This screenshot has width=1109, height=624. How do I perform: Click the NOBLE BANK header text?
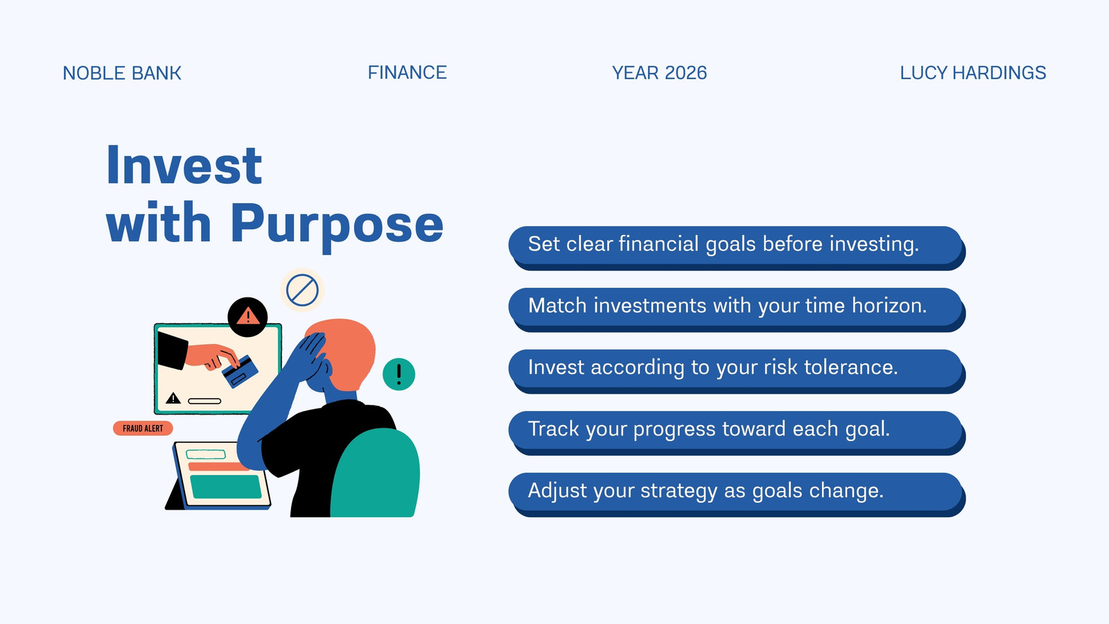pos(122,73)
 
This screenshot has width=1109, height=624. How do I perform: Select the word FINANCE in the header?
pos(407,73)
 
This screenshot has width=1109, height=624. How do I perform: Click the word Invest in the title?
pos(184,166)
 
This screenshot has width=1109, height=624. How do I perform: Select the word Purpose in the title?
pos(337,226)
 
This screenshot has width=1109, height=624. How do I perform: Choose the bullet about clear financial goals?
pos(737,248)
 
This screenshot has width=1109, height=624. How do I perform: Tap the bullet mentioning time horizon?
pos(737,309)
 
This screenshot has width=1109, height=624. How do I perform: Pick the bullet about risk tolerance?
pos(737,371)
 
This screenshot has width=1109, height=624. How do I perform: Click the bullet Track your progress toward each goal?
pos(737,433)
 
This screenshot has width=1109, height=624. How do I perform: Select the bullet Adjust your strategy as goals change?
pos(737,494)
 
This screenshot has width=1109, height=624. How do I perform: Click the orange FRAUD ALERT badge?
pos(143,428)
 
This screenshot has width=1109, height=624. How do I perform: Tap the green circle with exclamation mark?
pos(399,374)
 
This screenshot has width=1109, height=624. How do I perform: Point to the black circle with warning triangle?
pos(247,318)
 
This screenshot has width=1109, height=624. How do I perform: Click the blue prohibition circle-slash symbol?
pos(302,291)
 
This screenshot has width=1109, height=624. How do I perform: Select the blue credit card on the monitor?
pos(240,372)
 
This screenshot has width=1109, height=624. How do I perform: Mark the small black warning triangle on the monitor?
pos(173,398)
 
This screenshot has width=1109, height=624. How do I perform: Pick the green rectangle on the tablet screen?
pos(226,486)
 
